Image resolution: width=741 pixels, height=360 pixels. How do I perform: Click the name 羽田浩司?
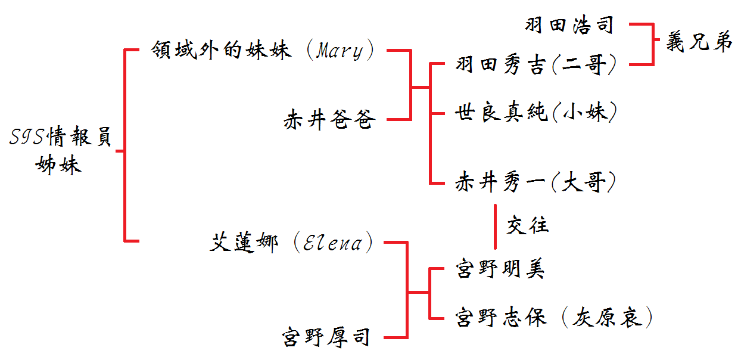pos(568,25)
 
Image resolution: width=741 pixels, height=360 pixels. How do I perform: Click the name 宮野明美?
pos(500,269)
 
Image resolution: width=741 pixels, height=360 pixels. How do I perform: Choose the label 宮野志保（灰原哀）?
pos(553,316)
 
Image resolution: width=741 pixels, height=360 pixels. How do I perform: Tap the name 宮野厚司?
pos(326,337)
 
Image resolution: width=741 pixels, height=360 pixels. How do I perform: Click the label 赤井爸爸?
pos(329,120)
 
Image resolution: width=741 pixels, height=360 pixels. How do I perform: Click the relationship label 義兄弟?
pos(698,43)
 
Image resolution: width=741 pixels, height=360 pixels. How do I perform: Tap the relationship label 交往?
pos(527,225)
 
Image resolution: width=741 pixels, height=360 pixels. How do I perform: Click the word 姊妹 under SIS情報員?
pos(58,164)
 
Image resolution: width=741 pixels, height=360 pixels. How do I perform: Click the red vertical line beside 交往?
pos(494,226)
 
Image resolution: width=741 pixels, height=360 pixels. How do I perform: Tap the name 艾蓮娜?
pos(244,243)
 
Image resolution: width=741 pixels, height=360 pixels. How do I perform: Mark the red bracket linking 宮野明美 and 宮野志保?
pos(429,293)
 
